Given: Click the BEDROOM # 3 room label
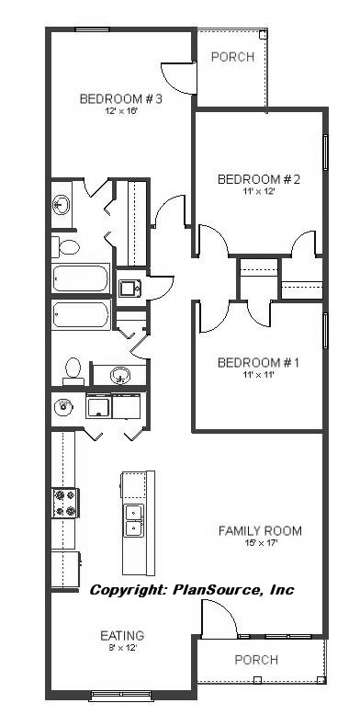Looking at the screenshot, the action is pyautogui.click(x=120, y=99).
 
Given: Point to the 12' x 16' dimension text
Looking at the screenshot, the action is pyautogui.click(x=120, y=111).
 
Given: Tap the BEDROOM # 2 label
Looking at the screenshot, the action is pyautogui.click(x=259, y=179).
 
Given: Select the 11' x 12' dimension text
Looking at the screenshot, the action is pyautogui.click(x=259, y=191).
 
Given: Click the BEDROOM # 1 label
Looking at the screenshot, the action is pyautogui.click(x=258, y=363).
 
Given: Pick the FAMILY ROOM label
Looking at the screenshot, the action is pyautogui.click(x=260, y=530).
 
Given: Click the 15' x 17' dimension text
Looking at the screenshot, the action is pyautogui.click(x=260, y=543).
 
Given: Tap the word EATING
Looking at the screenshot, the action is pyautogui.click(x=122, y=636).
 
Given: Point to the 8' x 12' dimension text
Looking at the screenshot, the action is pyautogui.click(x=122, y=648).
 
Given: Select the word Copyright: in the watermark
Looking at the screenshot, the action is pyautogui.click(x=129, y=590).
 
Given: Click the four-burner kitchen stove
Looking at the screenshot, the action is pyautogui.click(x=65, y=504).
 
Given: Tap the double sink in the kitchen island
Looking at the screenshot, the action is pyautogui.click(x=134, y=519).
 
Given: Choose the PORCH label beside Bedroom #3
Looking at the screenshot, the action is pyautogui.click(x=232, y=57).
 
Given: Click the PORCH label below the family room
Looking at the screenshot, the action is pyautogui.click(x=256, y=660).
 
